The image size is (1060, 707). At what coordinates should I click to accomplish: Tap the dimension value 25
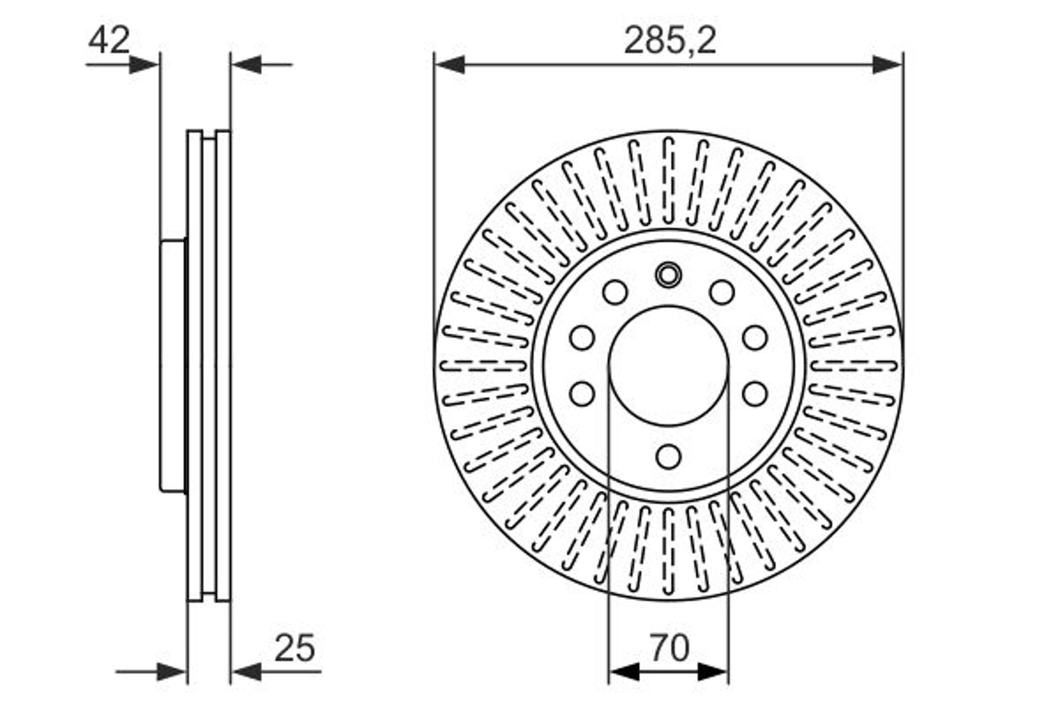point(295,648)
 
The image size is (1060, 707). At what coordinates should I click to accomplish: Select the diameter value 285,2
point(670,41)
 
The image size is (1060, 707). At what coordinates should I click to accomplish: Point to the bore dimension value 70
point(669,647)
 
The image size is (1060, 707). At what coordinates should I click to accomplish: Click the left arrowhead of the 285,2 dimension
point(450,65)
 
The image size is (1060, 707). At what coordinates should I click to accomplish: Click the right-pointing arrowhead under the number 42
point(144,65)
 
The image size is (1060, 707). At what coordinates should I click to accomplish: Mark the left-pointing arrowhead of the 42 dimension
point(246,65)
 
